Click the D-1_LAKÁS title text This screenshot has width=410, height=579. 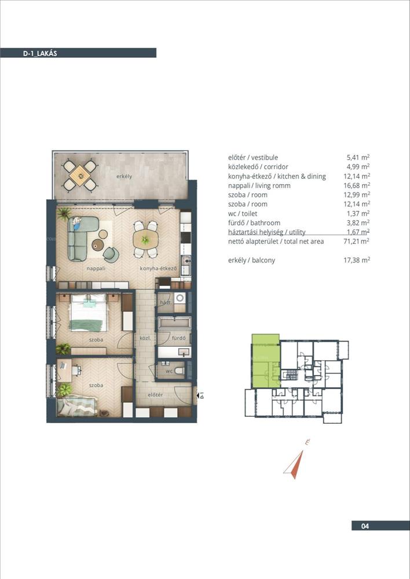(x=40, y=53)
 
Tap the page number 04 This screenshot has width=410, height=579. (x=365, y=526)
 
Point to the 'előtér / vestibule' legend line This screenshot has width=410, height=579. (x=253, y=157)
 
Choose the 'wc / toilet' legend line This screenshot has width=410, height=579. (x=243, y=214)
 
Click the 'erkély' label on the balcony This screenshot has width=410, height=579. (x=124, y=177)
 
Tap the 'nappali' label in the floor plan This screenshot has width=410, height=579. (x=96, y=269)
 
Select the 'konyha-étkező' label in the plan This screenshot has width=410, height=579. (x=158, y=269)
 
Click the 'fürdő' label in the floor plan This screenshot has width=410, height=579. (x=178, y=338)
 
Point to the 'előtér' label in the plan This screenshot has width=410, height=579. (x=155, y=395)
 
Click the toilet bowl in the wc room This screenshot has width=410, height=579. (x=180, y=371)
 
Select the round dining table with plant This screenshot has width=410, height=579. (x=145, y=239)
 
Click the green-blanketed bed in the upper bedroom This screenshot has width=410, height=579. (x=88, y=313)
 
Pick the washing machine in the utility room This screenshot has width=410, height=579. (x=180, y=298)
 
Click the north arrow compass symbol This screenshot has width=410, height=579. (x=294, y=464)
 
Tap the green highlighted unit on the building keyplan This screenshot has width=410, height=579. (x=266, y=361)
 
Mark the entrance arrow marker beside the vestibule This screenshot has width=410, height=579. (x=199, y=395)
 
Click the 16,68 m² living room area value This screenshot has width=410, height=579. (x=357, y=185)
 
